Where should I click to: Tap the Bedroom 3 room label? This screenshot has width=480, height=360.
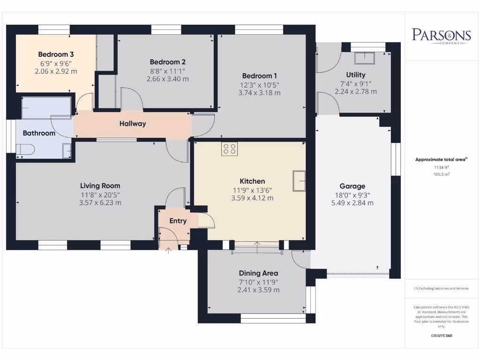(56, 54)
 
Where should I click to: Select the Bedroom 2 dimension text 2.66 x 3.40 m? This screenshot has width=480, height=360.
(167, 79)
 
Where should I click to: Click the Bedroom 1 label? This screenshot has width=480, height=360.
(260, 76)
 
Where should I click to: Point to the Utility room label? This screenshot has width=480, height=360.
(355, 75)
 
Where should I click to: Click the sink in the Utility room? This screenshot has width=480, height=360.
(364, 58)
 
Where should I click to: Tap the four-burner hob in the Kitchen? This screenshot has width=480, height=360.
(230, 149)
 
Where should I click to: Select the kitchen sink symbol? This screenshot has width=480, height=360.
(299, 181)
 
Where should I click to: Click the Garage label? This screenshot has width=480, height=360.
(352, 186)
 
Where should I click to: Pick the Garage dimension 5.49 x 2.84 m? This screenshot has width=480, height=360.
(352, 203)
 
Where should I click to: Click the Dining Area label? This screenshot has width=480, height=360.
(258, 273)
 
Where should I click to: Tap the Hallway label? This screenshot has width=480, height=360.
(133, 124)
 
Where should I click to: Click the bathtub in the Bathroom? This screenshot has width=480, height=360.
(46, 109)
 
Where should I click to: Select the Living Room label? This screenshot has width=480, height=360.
(100, 186)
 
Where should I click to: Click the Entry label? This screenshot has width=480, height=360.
(178, 221)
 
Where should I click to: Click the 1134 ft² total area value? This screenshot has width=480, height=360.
(441, 167)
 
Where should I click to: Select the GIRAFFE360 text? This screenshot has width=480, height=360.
(441, 336)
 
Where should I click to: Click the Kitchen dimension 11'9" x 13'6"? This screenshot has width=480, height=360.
(252, 190)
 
